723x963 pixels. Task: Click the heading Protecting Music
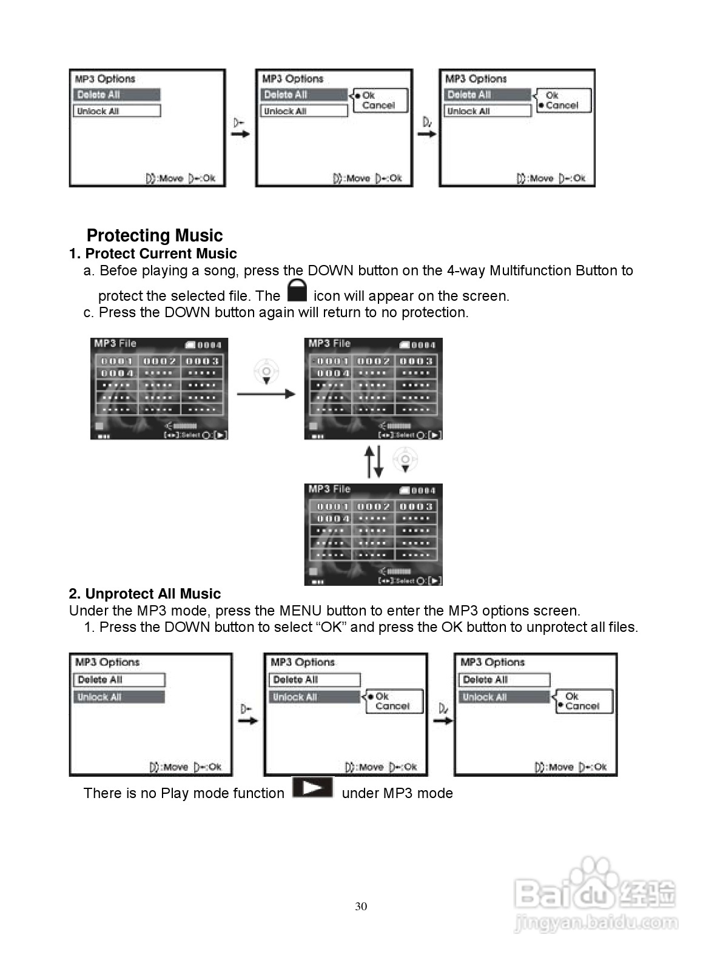155,235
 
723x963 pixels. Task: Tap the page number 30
361,907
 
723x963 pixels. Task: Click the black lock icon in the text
297,290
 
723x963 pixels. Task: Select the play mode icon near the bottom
313,788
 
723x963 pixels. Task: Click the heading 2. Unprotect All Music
145,594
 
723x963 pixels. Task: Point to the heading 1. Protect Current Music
153,253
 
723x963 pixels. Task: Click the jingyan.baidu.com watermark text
595,924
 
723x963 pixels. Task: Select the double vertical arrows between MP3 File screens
374,462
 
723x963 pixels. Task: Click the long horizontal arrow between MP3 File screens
266,394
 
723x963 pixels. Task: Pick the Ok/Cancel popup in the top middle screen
380,100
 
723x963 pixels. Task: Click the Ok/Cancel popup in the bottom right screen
583,702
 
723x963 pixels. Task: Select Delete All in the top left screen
117,95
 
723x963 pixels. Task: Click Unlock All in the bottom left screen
119,697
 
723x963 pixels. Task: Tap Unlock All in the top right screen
488,111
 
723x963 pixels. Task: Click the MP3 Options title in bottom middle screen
303,662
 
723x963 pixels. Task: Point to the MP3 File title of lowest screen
329,489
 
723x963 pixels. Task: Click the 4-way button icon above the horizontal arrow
266,371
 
